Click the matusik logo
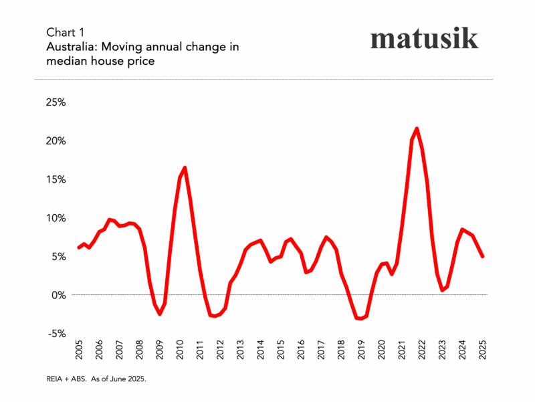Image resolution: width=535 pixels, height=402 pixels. [424, 39]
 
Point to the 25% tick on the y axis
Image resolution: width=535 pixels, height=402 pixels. [55, 102]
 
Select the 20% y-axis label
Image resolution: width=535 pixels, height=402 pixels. [55, 141]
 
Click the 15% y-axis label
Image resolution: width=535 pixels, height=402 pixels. [55, 179]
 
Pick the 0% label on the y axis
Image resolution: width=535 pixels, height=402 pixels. [58, 295]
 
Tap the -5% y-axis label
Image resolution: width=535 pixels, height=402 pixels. [56, 333]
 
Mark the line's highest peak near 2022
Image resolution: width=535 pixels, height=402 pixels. [417, 128]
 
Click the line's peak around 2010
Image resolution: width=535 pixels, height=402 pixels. [185, 168]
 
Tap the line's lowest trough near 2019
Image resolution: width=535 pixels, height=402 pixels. [361, 318]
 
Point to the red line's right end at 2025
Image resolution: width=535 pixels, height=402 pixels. [483, 256]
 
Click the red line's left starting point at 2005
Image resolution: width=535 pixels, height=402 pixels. [79, 247]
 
